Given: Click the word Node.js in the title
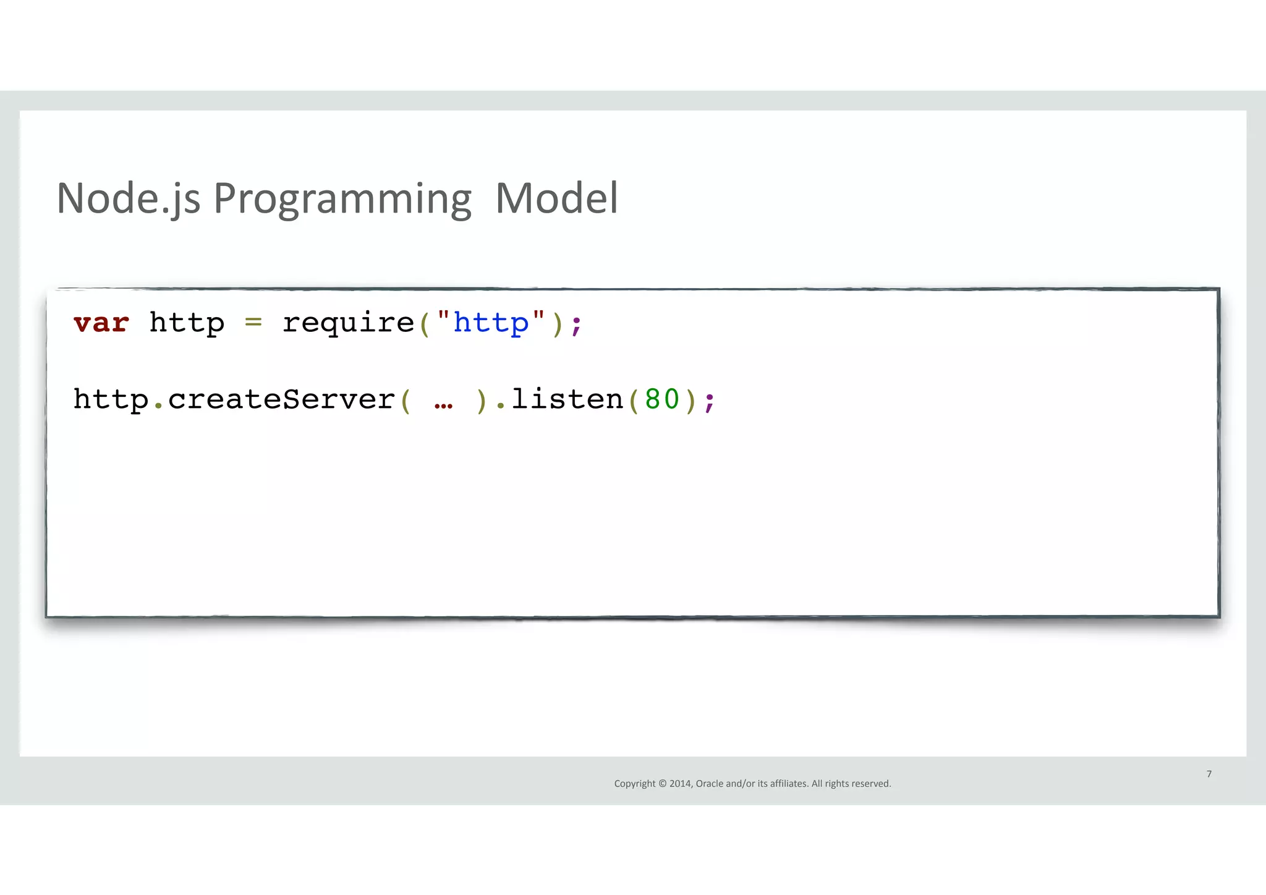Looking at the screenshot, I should click(x=128, y=199).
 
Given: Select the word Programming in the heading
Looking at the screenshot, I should click(x=342, y=199).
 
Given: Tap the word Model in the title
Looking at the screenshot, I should click(x=556, y=199).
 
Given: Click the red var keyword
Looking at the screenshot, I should click(x=101, y=323).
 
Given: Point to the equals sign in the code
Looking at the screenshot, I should click(x=253, y=323).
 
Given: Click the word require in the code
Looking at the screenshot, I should click(x=348, y=323).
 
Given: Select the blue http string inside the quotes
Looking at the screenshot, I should click(x=491, y=323).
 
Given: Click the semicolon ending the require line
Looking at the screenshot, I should click(x=577, y=325).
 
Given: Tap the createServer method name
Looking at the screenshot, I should click(x=281, y=399).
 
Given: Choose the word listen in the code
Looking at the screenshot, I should click(x=567, y=399).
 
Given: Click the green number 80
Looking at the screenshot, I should click(x=662, y=399).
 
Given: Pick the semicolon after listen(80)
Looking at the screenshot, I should click(x=710, y=402).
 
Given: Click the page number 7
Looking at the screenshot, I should click(x=1209, y=774).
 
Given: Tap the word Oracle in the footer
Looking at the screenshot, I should click(x=710, y=784).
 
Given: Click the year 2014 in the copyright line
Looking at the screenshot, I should click(x=681, y=784).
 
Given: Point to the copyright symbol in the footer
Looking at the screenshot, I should click(x=663, y=784).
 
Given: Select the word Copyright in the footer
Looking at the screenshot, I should click(x=635, y=784).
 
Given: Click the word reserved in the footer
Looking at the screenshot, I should click(x=872, y=784).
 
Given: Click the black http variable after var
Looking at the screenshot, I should click(x=187, y=323).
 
